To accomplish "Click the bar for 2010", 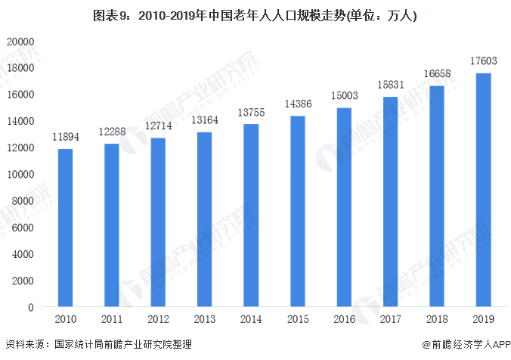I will pos(66,228).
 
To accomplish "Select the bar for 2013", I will pos(204,219).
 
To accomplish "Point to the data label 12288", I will pos(112,132).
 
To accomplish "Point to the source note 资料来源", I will pos(98,345).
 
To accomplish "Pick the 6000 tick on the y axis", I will pos(23,228).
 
